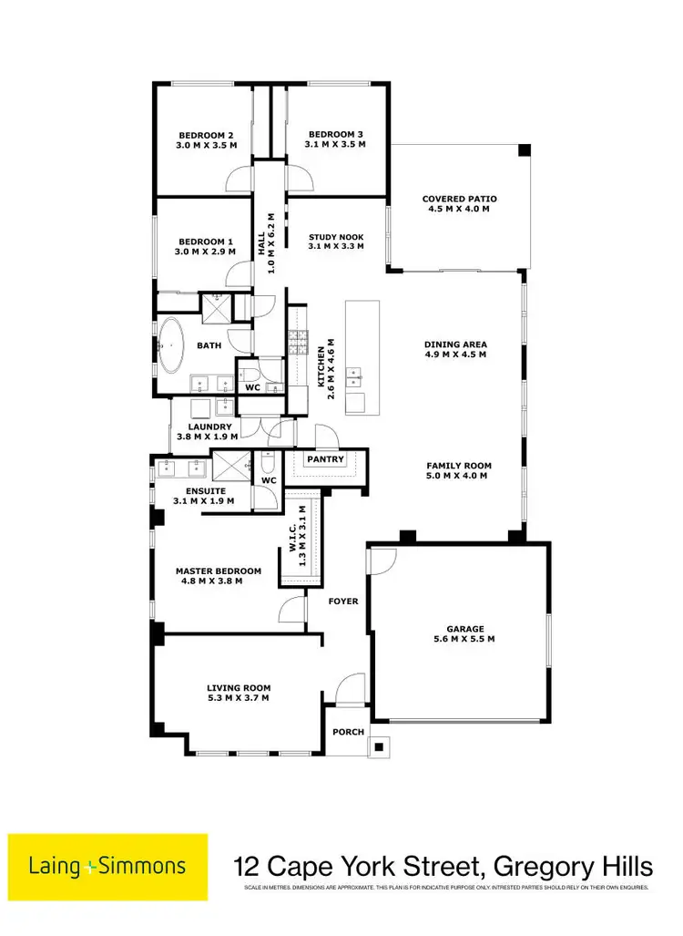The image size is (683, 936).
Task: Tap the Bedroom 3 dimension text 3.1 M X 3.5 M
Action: [x=335, y=144]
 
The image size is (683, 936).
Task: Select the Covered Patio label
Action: [x=460, y=199]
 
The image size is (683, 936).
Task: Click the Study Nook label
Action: [x=335, y=236]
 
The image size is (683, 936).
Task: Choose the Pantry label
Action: [x=325, y=459]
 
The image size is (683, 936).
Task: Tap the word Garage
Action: [x=465, y=628]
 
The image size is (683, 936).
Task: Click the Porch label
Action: [x=348, y=732]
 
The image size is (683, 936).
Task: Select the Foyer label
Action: [x=344, y=602]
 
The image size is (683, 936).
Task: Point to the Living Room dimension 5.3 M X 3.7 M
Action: [x=239, y=699]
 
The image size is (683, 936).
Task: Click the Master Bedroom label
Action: [x=219, y=571]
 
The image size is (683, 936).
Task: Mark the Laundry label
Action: [x=209, y=427]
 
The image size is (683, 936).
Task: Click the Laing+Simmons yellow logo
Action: [x=108, y=867]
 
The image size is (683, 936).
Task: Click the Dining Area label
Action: [x=455, y=345]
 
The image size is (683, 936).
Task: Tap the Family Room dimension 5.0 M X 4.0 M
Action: [x=458, y=476]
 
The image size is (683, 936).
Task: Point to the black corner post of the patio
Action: [x=524, y=149]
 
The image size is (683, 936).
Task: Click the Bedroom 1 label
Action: [x=207, y=241]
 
